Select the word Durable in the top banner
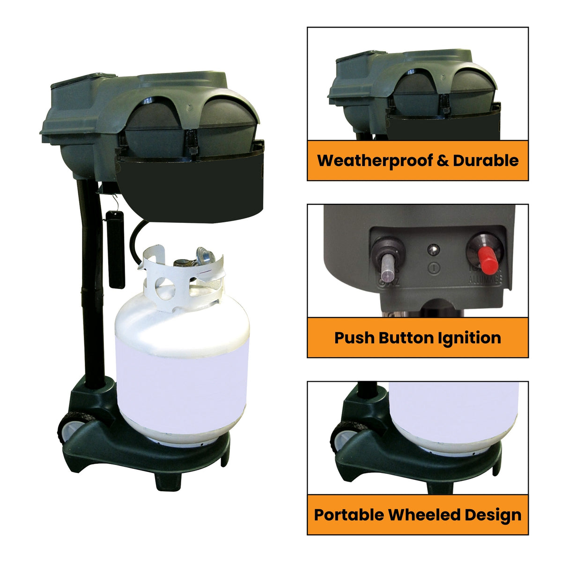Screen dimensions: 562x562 tap(486, 161)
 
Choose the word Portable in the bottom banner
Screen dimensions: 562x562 tap(349, 515)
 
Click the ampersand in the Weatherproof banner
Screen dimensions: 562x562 tap(443, 161)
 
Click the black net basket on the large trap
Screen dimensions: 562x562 tap(190, 187)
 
